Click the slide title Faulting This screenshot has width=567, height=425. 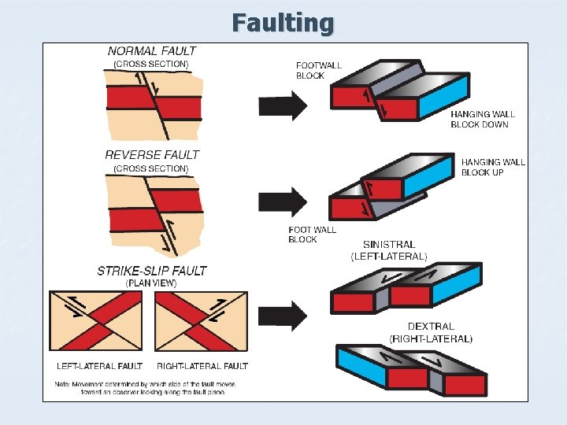click(283, 23)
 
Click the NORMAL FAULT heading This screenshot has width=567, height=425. click(152, 51)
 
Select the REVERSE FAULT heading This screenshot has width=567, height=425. click(152, 155)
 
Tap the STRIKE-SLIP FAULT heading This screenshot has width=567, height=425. click(152, 271)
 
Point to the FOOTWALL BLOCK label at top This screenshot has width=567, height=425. click(319, 71)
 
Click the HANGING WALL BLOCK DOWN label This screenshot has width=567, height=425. click(482, 119)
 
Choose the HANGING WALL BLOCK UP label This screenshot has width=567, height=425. click(493, 167)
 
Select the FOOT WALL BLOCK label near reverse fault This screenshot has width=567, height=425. click(312, 235)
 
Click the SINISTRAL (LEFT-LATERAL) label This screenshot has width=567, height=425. click(389, 250)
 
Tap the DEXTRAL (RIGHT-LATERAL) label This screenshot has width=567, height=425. click(431, 332)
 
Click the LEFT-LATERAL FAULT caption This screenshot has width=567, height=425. click(99, 366)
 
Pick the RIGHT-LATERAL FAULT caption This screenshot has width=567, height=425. click(202, 366)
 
